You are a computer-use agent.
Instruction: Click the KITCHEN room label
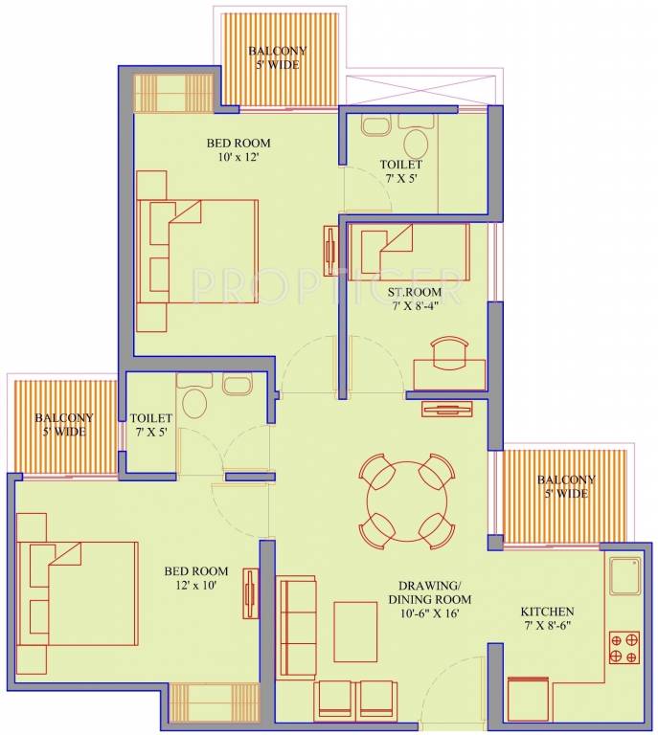pos(547,612)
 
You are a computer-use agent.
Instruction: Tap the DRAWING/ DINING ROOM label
pos(430,592)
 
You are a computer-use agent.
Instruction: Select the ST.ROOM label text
pos(414,292)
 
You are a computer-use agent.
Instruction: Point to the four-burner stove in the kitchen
pos(624,647)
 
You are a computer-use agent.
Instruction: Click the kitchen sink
pos(624,575)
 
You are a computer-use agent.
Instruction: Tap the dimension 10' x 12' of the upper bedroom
pos(238,157)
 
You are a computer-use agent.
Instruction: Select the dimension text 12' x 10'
pos(196,585)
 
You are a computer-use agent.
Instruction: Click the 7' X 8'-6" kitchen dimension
pos(546,625)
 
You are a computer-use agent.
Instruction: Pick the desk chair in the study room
pos(449,353)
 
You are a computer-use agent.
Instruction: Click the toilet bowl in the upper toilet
pos(416,144)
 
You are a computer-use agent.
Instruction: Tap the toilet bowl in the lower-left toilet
pos(194,403)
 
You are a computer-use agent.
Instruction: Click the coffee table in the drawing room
pos(355,633)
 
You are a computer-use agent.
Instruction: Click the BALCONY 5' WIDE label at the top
pos(278,57)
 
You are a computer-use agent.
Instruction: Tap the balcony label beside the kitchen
pos(566,486)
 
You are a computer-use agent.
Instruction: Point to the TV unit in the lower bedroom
pos(251,593)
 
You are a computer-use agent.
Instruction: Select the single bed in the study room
pos(409,252)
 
